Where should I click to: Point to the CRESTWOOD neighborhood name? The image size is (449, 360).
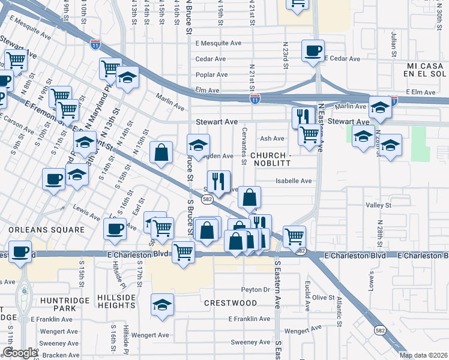231,303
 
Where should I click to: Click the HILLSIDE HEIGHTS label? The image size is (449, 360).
118,301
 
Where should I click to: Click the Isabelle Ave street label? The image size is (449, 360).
294,181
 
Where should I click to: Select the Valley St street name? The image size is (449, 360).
378,205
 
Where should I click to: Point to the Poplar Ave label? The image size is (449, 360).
212,75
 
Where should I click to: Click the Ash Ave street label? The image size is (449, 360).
272,139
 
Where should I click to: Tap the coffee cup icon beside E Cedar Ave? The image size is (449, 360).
313,50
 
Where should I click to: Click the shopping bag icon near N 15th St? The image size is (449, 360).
161,152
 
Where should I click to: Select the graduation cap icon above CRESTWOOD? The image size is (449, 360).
162,305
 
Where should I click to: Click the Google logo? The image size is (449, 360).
20,353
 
